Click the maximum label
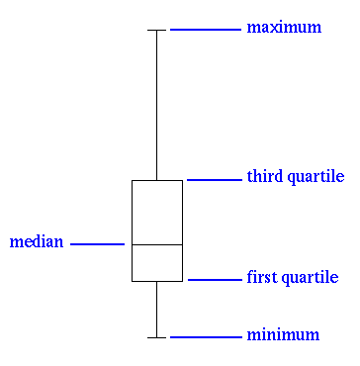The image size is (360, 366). pyautogui.click(x=284, y=28)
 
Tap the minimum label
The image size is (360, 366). pyautogui.click(x=283, y=335)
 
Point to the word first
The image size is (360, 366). pyautogui.click(x=260, y=278)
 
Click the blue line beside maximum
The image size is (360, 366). pyautogui.click(x=205, y=30)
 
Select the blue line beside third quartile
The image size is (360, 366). pyautogui.click(x=213, y=180)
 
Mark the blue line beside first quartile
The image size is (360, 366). pyautogui.click(x=214, y=280)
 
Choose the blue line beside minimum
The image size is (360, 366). pyautogui.click(x=205, y=337)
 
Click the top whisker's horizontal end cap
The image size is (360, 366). pyautogui.click(x=156, y=31)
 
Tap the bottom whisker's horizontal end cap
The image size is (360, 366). pyautogui.click(x=156, y=337)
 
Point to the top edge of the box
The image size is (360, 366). pyautogui.click(x=156, y=180)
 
